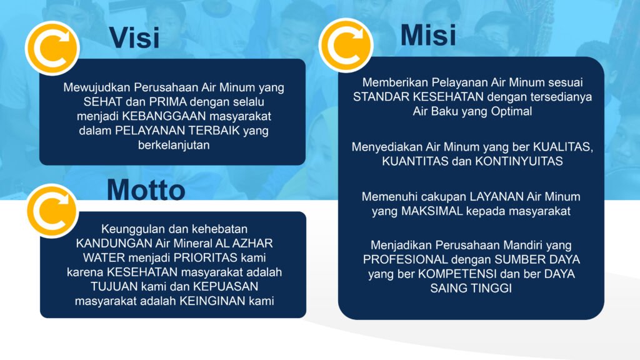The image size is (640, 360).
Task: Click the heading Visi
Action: click(x=134, y=37)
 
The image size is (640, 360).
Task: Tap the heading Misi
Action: click(x=428, y=35)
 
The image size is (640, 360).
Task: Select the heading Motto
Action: click(x=146, y=190)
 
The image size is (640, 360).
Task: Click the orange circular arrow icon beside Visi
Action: click(x=52, y=48)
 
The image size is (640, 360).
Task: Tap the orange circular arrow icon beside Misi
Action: click(x=346, y=45)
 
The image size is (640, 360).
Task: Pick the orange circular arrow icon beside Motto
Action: click(x=52, y=211)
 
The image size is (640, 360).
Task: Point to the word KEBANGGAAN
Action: click(x=164, y=116)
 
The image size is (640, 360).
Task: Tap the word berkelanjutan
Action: click(x=174, y=145)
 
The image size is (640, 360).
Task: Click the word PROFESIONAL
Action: click(x=405, y=259)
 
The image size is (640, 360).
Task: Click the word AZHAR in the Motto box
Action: click(x=252, y=243)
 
